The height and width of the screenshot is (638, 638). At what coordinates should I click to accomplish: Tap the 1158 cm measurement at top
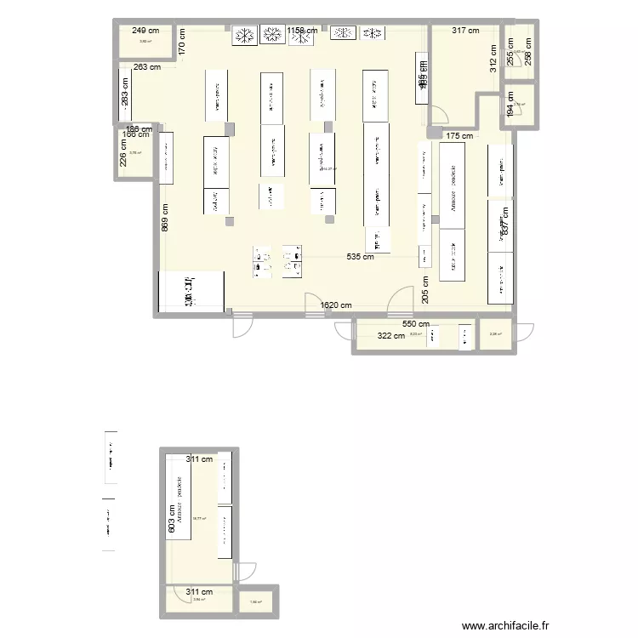[303, 31]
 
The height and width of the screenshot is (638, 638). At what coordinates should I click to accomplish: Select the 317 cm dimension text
[464, 31]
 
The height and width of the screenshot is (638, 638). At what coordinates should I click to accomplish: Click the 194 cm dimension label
[510, 104]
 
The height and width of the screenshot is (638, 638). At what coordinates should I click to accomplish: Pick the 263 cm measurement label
[147, 66]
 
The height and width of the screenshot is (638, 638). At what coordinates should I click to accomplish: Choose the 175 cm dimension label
[459, 136]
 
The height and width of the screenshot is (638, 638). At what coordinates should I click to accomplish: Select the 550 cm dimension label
[416, 324]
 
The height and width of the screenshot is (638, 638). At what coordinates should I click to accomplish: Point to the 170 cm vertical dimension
[182, 43]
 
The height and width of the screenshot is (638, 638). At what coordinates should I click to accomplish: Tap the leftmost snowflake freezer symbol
[245, 35]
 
